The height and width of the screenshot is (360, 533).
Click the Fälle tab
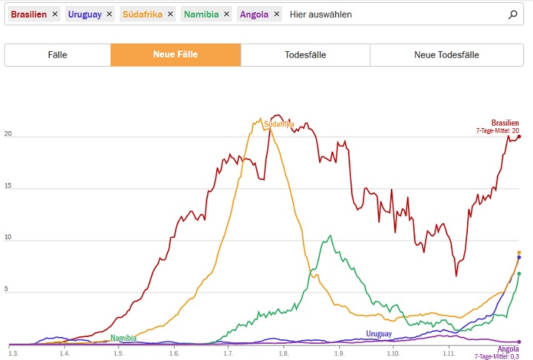[x=58, y=55]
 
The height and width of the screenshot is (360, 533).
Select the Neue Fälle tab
[x=175, y=55]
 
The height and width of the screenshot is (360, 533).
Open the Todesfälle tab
[x=305, y=55]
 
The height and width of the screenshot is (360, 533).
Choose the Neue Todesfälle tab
[x=446, y=55]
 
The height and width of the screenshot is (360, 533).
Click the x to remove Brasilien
[x=55, y=14]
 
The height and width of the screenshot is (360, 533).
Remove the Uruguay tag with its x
[x=110, y=14]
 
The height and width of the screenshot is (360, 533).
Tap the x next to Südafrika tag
[x=170, y=14]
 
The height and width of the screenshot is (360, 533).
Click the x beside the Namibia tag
[x=226, y=14]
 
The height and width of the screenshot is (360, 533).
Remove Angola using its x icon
[x=276, y=14]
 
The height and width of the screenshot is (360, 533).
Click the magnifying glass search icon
[x=513, y=14]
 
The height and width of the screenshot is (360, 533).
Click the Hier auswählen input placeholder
[x=321, y=14]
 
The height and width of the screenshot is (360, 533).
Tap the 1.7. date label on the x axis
[x=228, y=354]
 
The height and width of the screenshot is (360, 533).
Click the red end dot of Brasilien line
[x=519, y=136]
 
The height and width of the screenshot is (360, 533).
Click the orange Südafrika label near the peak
[x=279, y=124]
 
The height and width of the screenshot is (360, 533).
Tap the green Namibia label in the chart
[x=124, y=338]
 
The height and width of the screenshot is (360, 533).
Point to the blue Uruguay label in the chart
[x=378, y=334]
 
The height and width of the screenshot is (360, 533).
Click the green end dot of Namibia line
[x=519, y=274]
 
